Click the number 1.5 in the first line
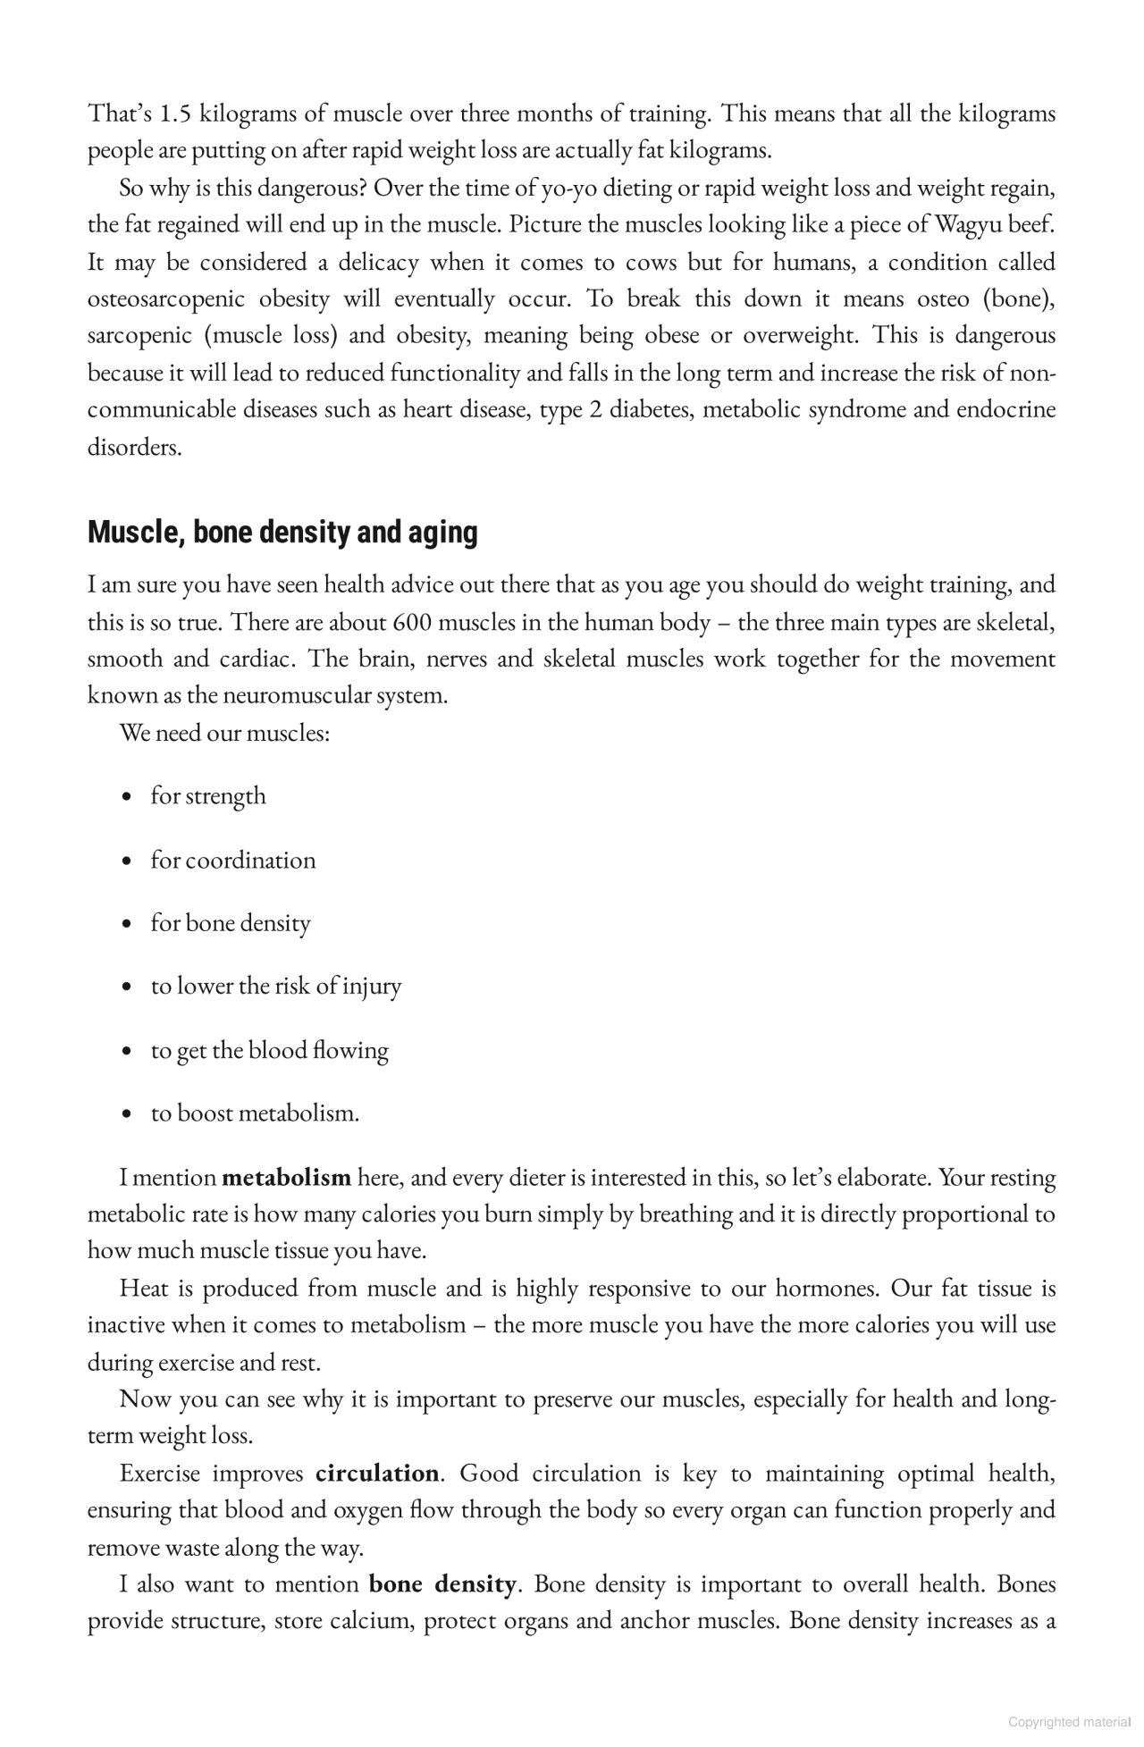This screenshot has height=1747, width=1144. (x=175, y=114)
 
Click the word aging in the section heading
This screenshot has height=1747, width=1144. (x=443, y=533)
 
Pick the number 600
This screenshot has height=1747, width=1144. (x=413, y=622)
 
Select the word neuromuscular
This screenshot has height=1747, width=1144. (x=300, y=696)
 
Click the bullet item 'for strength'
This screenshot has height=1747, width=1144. (x=208, y=796)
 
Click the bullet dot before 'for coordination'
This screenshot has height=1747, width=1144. (x=130, y=861)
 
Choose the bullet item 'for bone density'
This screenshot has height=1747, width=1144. (x=231, y=923)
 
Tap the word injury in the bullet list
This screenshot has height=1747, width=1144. (x=372, y=987)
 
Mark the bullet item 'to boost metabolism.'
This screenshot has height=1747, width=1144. (x=255, y=1113)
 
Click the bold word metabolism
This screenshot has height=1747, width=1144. (x=286, y=1178)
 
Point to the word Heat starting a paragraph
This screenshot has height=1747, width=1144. (x=144, y=1289)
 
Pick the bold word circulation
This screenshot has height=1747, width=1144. (x=377, y=1474)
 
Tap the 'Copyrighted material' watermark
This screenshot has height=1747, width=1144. (x=1068, y=1722)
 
